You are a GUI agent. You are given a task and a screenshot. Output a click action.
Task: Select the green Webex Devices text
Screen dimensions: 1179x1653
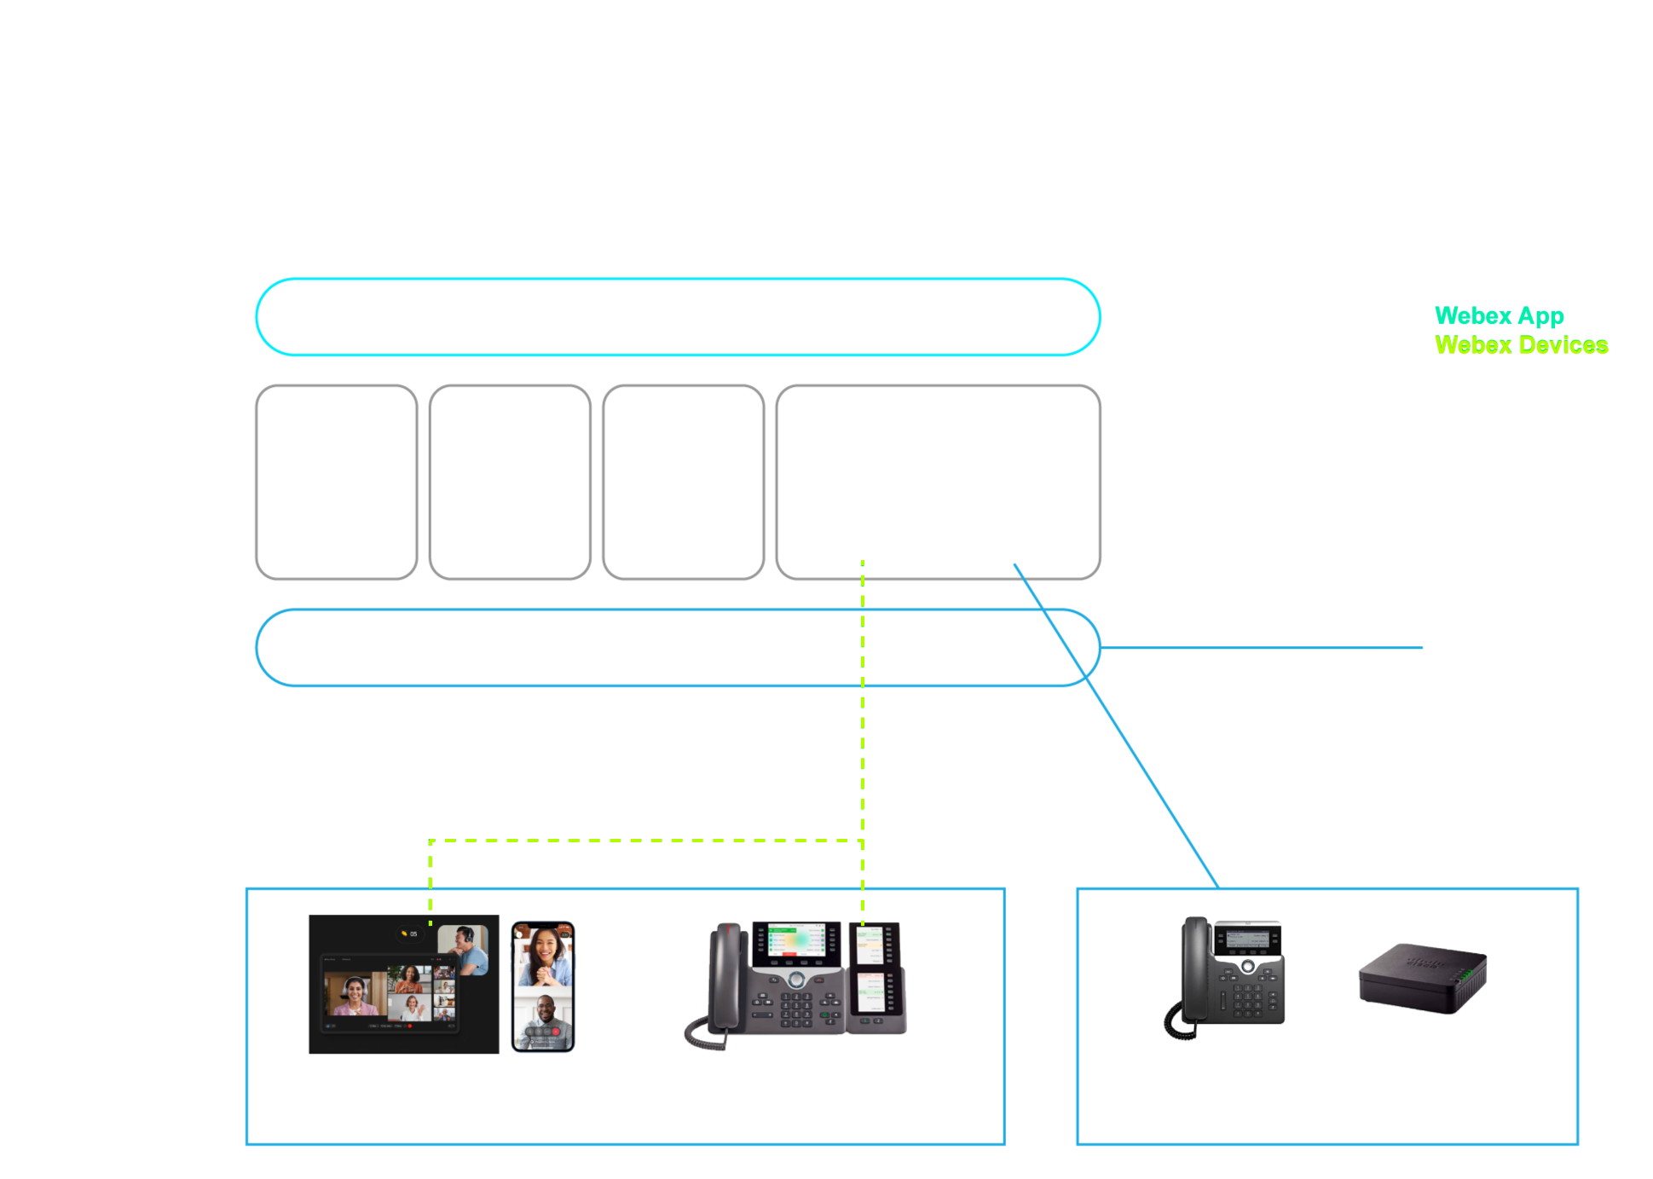click(x=1521, y=345)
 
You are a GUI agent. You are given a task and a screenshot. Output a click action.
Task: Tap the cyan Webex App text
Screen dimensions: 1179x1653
click(x=1499, y=316)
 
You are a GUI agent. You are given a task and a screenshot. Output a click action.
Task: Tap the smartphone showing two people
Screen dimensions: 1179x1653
click(x=542, y=986)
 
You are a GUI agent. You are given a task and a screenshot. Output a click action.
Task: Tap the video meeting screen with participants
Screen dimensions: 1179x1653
click(x=402, y=985)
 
